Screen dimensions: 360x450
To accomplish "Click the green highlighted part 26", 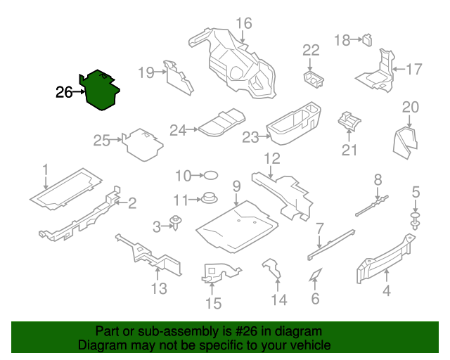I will coord(101,91).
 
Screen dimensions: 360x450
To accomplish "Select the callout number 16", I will coord(243,23).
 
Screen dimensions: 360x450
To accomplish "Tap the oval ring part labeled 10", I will coord(210,175).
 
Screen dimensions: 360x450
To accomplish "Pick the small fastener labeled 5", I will coord(416,219).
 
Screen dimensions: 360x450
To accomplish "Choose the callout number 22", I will coord(311,50).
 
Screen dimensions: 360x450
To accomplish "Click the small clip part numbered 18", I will coord(367,39).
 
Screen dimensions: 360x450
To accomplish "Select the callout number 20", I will coord(410,107).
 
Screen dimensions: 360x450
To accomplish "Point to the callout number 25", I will coord(102,141).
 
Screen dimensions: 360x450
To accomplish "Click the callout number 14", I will coord(279,301).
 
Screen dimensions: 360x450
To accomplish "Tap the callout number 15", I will coord(212,303).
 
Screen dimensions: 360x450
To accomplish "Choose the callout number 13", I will coord(159,288).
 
